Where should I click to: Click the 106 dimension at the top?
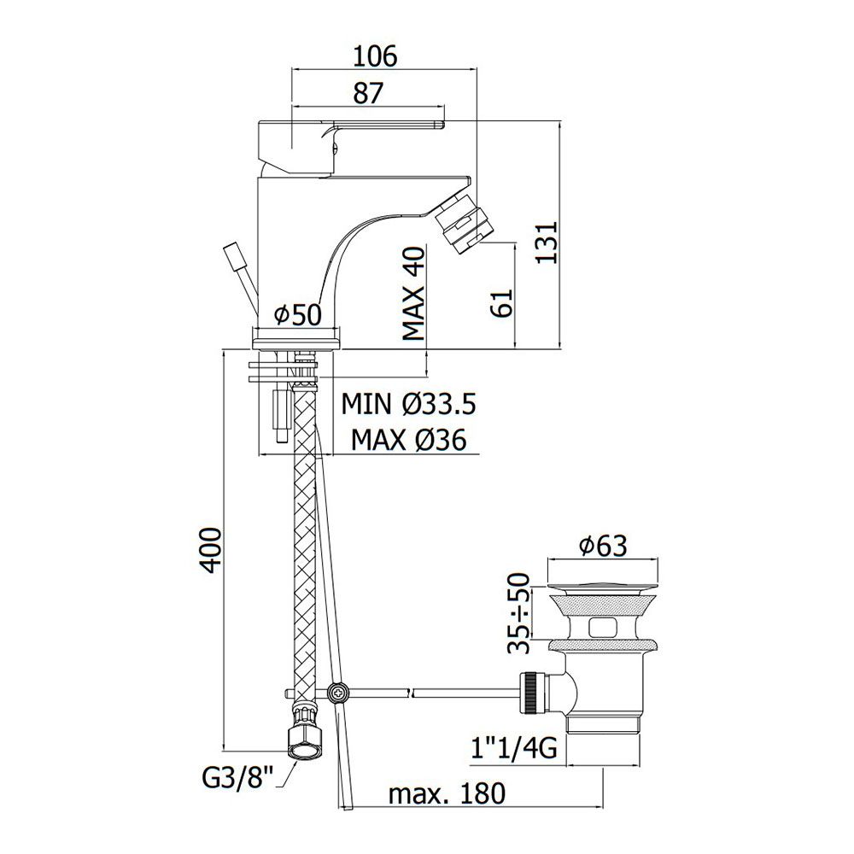[x=375, y=56]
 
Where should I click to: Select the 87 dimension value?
[x=368, y=93]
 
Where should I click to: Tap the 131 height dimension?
[x=547, y=243]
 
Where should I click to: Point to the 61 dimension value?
[x=502, y=303]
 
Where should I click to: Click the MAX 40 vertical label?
[x=413, y=294]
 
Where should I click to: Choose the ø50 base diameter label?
[x=298, y=314]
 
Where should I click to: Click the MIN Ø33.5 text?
[x=408, y=404]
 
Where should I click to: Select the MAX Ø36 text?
[x=408, y=439]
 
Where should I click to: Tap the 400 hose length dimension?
[x=211, y=550]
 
